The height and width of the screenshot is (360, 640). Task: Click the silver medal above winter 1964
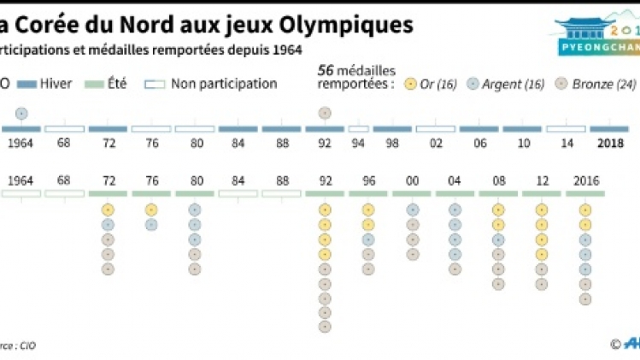[x=21, y=113]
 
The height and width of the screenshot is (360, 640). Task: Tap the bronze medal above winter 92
[x=324, y=113]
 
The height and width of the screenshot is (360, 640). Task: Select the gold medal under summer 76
[x=151, y=210]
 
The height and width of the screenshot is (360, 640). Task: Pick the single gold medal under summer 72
[x=108, y=210]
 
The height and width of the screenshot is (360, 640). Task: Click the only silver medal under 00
[x=412, y=210]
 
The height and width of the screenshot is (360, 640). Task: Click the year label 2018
[x=610, y=143]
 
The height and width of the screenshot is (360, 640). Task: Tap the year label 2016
[x=585, y=180]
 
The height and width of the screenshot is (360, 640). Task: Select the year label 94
[x=359, y=143]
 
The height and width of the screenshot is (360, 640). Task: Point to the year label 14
[x=567, y=143]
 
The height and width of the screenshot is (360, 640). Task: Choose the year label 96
[x=367, y=180]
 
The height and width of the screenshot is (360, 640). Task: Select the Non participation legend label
[x=224, y=84]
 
